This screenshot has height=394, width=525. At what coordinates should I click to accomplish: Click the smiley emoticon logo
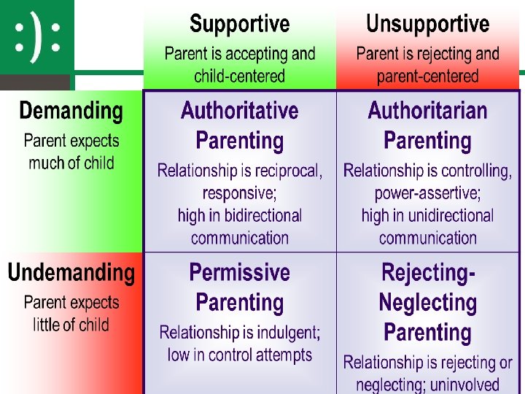36,37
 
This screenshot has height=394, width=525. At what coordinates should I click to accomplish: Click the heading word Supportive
240,24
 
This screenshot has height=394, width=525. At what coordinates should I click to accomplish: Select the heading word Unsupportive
427,24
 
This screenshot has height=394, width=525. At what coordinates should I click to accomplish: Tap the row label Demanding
71,112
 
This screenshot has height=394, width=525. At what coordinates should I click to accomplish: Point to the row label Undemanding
71,273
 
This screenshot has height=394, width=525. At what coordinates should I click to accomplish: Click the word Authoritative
240,111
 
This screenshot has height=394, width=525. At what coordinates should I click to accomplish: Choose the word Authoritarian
427,111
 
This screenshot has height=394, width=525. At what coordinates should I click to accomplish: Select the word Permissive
240,273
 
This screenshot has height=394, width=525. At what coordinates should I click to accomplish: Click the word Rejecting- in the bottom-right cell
428,273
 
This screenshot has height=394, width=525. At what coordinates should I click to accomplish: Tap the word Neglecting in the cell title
428,303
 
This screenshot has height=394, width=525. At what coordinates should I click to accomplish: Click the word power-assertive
427,193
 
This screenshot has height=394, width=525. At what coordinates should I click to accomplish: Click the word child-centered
240,76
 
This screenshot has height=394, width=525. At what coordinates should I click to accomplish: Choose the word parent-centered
427,76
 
